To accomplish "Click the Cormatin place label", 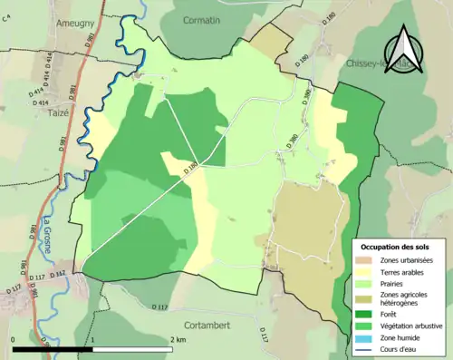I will pyautogui.click(x=207, y=20).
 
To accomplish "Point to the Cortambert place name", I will pyautogui.click(x=211, y=325).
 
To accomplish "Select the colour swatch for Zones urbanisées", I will pyautogui.click(x=366, y=260).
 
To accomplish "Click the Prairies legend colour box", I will pyautogui.click(x=366, y=282).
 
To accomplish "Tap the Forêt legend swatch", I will pyautogui.click(x=366, y=315).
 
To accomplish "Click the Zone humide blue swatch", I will pyautogui.click(x=366, y=336).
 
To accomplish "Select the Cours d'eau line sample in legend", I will pyautogui.click(x=366, y=347).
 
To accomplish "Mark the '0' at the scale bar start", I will pyautogui.click(x=13, y=340).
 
